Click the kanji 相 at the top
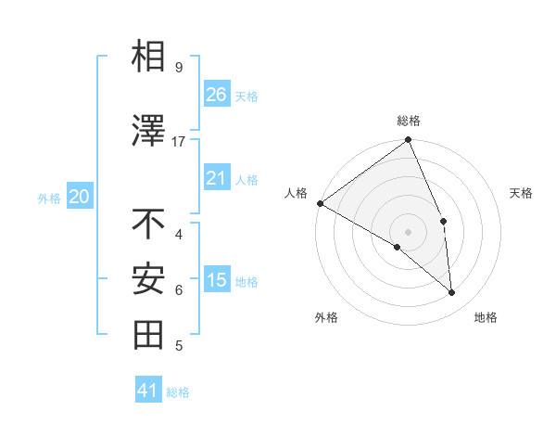[x=148, y=57]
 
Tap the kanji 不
[x=148, y=224]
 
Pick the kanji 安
[x=148, y=279]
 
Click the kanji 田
[x=148, y=335]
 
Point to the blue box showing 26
[x=217, y=95]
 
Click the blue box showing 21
[x=217, y=178]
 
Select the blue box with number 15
[x=217, y=280]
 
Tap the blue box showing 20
[x=79, y=197]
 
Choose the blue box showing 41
[x=148, y=391]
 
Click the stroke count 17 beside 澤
[x=179, y=141]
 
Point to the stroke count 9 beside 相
[x=179, y=68]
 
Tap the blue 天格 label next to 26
[x=246, y=96]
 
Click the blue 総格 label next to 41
[x=178, y=392]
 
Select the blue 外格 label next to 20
[x=49, y=198]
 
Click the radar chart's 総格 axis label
[x=408, y=121]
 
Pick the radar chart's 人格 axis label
[x=297, y=193]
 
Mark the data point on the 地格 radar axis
[x=452, y=293]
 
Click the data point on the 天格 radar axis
[x=443, y=221]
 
